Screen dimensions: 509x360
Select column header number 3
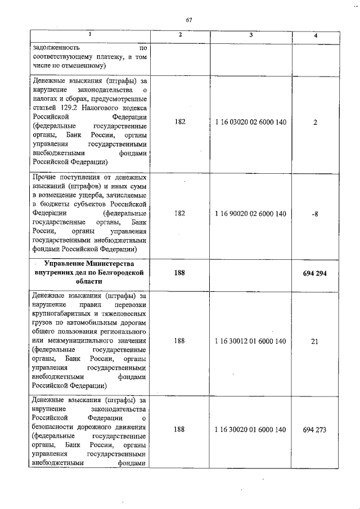pos(251,35)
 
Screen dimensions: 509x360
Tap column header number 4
pos(316,35)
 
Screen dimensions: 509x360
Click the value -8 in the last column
pos(316,214)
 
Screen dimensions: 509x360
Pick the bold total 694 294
pos(316,273)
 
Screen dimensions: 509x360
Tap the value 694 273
pos(316,429)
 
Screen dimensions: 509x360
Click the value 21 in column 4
pos(316,341)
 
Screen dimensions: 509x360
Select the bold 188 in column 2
pos(179,273)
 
